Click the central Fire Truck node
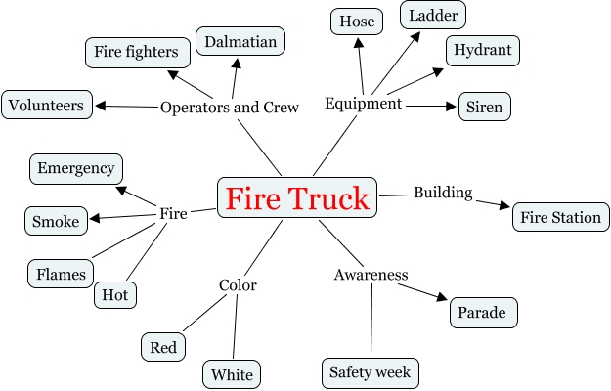point(297,198)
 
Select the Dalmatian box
point(240,41)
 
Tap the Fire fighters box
point(136,51)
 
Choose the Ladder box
point(433,16)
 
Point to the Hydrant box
point(482,49)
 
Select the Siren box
point(485,107)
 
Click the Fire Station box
point(560,217)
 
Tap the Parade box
point(483,314)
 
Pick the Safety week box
point(371,372)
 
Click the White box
point(232,374)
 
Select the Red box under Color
point(163,346)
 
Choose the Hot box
point(115,294)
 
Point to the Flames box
point(61,274)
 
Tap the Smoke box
point(55,221)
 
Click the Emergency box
point(76,168)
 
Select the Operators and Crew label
point(229,107)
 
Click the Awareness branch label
point(371,275)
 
